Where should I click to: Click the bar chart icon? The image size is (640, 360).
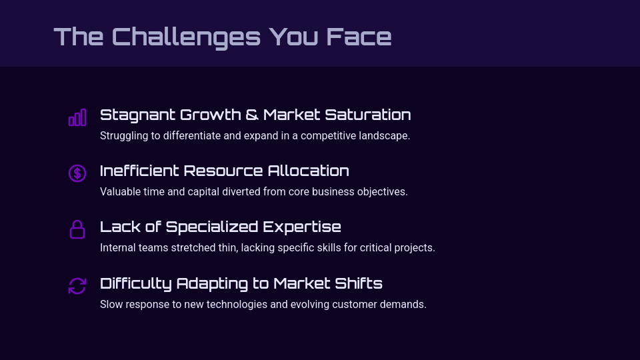point(77,117)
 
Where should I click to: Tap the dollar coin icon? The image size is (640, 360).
point(77,173)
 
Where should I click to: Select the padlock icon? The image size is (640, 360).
point(77,229)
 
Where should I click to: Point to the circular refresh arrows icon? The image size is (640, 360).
point(77,286)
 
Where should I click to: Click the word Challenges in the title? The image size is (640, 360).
point(186,37)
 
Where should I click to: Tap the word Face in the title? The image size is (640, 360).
point(359,37)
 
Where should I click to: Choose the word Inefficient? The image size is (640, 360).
point(139,171)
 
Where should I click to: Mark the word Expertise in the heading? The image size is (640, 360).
point(301,227)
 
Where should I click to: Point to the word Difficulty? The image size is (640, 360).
point(135,283)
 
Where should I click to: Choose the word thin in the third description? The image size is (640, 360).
point(226,248)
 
